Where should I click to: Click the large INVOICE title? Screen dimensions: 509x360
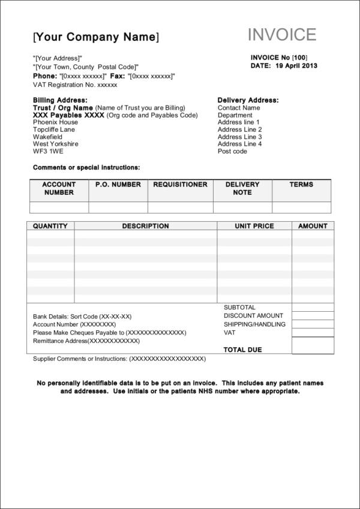pos(282,35)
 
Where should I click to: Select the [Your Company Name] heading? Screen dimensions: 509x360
pos(96,37)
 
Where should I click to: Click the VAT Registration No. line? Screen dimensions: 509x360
pos(75,85)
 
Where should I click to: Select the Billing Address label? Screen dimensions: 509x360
pos(60,100)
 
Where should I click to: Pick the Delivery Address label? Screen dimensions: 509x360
pos(248,100)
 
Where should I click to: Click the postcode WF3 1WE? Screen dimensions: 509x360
pos(47,151)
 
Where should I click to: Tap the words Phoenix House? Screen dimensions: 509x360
pos(55,122)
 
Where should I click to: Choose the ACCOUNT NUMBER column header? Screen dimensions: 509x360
pos(59,188)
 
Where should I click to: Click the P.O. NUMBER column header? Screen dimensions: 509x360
pos(118,185)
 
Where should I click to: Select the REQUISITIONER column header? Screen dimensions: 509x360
pos(180,185)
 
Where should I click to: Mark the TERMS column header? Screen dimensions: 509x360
pos(301,185)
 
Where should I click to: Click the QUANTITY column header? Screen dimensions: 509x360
pos(50,226)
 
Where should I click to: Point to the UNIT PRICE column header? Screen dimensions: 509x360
pos(254,226)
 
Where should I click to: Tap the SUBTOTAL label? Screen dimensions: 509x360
pos(239,308)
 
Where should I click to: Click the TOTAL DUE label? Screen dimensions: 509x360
pos(242,350)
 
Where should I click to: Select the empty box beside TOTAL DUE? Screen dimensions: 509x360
pos(313,346)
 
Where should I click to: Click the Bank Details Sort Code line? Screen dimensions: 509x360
pos(82,316)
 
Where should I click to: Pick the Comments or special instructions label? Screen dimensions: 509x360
pos(86,167)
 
